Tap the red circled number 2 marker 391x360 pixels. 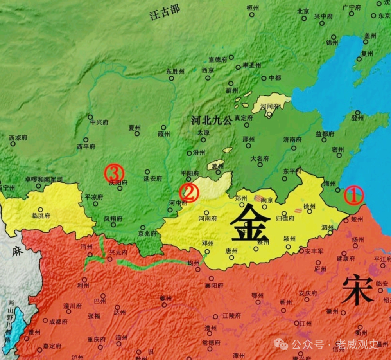[189, 192]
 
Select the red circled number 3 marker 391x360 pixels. [114, 173]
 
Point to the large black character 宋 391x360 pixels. [357, 289]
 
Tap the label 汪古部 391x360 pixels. [165, 13]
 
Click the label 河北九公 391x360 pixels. [212, 121]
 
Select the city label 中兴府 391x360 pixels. [99, 122]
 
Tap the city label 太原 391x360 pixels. [203, 133]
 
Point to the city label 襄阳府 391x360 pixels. [214, 286]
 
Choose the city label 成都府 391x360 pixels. [58, 321]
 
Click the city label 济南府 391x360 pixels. [293, 139]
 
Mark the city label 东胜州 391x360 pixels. [175, 72]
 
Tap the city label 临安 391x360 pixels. [382, 283]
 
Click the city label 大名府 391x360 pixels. [260, 159]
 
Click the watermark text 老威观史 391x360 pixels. [357, 344]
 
